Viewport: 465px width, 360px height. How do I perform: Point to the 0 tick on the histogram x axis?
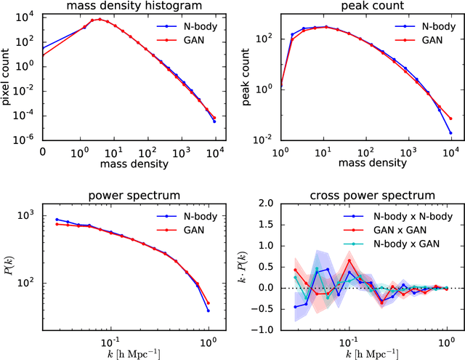43,153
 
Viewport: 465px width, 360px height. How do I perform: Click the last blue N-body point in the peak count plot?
450,132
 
